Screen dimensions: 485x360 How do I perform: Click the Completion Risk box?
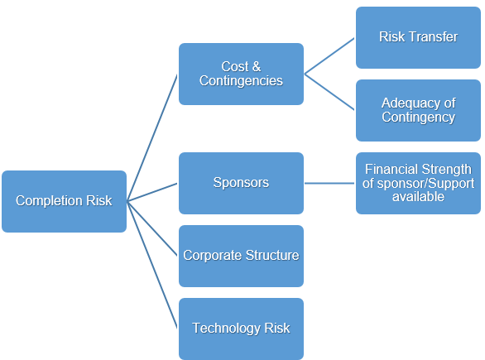click(64, 201)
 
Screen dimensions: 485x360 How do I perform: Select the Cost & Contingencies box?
click(242, 74)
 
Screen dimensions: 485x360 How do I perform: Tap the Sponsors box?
click(242, 183)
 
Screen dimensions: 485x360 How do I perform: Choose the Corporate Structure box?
click(242, 256)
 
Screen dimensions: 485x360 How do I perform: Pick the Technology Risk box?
click(242, 329)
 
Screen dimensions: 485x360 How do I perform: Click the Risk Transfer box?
click(418, 37)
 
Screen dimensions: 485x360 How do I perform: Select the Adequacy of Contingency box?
click(418, 110)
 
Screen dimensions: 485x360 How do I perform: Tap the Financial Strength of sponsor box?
click(418, 183)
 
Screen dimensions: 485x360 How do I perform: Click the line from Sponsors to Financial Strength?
click(329, 183)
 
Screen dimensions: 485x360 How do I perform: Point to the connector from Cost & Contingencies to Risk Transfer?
click(329, 56)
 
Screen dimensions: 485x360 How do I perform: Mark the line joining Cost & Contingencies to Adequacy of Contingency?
click(329, 92)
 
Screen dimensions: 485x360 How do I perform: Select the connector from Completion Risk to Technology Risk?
click(152, 265)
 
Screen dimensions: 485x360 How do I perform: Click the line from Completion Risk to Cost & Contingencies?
click(152, 137)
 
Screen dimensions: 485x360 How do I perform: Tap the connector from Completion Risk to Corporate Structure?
click(152, 228)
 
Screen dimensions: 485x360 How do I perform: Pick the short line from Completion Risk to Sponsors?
click(152, 192)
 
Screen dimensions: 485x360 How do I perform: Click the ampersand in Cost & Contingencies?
click(257, 66)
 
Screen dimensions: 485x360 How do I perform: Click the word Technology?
click(226, 329)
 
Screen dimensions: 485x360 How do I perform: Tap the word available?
click(418, 197)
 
